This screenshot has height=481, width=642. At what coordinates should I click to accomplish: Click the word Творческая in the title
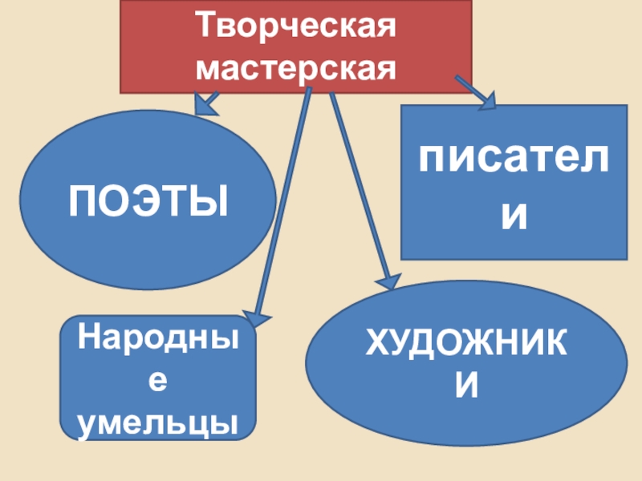coord(298,27)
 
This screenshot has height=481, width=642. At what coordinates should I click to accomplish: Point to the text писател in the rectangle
coord(514,160)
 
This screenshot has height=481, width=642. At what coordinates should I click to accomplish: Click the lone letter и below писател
coord(514,216)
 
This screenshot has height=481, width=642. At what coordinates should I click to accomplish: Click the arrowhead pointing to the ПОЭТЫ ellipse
coord(207,104)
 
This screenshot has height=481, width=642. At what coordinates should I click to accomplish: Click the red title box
coord(160,48)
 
